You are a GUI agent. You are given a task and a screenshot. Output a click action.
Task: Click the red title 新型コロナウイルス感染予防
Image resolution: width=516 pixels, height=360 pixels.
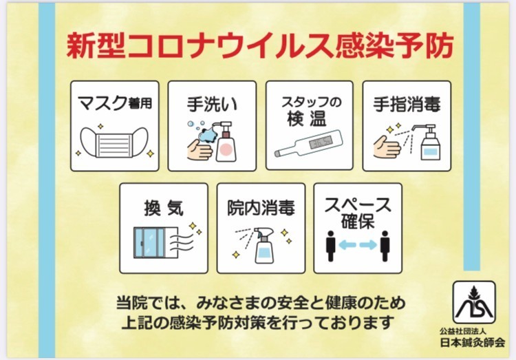tap(260, 45)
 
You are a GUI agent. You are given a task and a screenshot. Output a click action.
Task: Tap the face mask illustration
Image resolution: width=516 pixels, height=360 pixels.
tap(114, 142)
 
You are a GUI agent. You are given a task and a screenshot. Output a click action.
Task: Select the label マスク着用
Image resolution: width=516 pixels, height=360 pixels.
tap(114, 103)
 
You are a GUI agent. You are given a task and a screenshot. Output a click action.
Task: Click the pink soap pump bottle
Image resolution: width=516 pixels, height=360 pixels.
tap(226, 142)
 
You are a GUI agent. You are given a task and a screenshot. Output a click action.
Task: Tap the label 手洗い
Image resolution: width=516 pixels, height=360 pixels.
tap(212, 104)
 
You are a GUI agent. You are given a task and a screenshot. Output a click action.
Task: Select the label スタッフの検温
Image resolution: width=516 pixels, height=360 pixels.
tap(310, 112)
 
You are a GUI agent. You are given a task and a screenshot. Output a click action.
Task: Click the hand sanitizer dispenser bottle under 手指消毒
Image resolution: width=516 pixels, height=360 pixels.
tap(428, 142)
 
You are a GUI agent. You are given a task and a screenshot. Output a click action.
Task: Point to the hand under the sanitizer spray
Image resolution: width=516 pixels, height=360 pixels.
tap(387, 147)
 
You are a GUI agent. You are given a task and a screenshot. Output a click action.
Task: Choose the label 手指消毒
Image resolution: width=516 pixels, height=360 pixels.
tap(407, 104)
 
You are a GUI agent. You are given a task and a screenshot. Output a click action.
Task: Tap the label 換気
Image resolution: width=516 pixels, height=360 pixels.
tap(164, 208)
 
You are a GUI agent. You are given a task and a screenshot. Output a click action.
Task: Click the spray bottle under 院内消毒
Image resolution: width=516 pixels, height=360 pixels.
tap(264, 246)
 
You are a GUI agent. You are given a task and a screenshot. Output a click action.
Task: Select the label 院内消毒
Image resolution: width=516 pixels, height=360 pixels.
tap(261, 208)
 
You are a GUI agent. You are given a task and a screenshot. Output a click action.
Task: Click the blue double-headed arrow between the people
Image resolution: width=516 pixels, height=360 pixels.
tap(358, 245)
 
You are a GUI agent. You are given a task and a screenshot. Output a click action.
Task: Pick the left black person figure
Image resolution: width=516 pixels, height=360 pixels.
tap(331, 246)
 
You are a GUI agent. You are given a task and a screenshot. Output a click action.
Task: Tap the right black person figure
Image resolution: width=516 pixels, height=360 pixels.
tap(385, 246)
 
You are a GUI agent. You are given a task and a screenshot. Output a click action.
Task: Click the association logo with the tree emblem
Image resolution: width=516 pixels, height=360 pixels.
tap(474, 302)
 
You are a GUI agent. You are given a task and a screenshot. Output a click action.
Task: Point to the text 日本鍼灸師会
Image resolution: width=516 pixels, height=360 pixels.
tap(473, 343)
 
